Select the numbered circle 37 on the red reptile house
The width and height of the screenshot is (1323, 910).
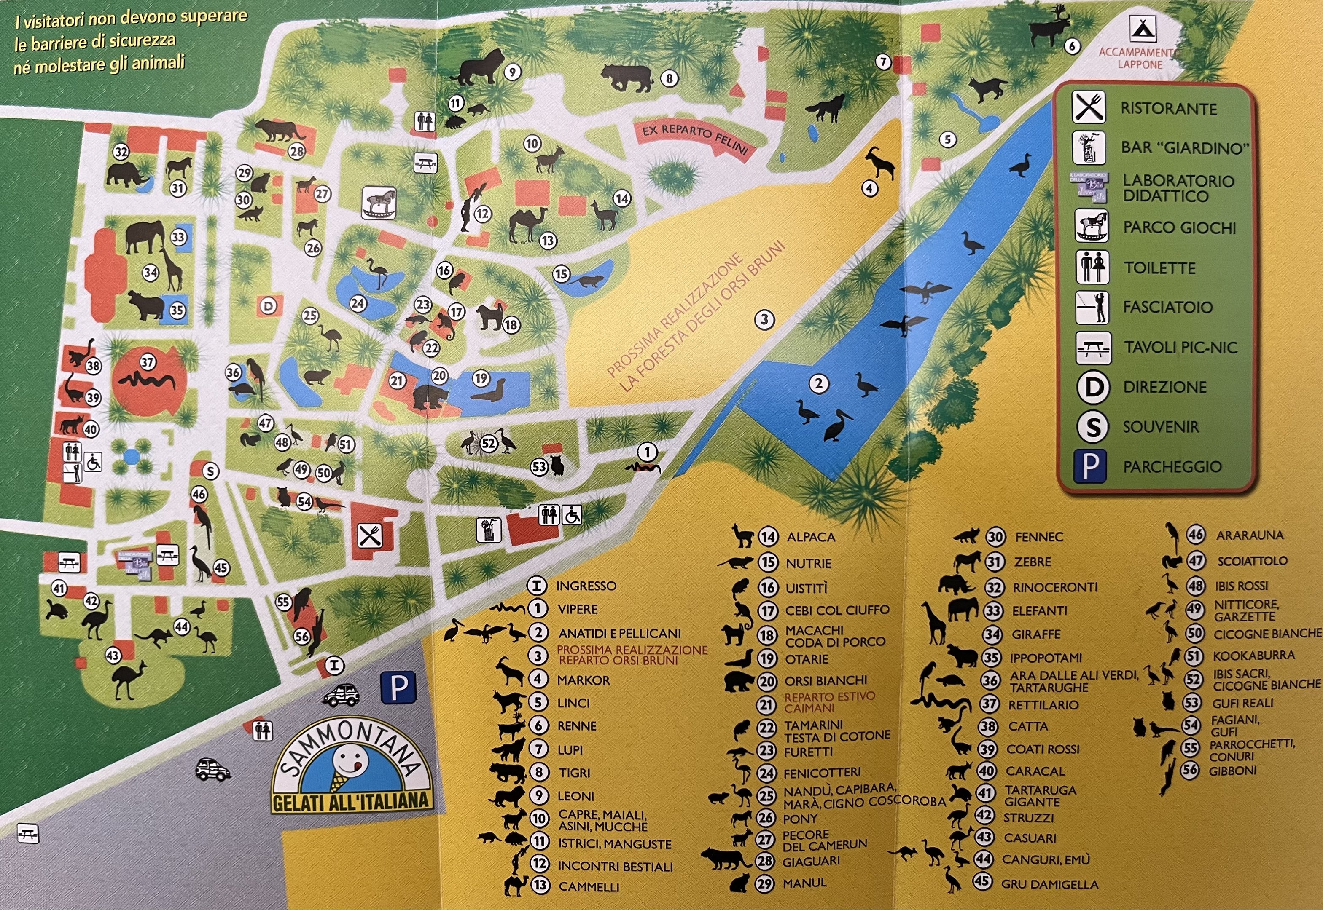point(148,362)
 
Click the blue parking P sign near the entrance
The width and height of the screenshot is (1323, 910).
point(398,687)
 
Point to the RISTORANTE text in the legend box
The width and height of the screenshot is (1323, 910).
point(1168,109)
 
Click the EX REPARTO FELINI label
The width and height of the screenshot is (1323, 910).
point(695,138)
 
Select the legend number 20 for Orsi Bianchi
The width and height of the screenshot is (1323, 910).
point(767,681)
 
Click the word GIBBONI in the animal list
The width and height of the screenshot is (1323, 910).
point(1232,771)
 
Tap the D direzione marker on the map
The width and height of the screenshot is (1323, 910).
point(268,306)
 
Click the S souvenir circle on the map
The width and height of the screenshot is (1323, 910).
point(210,471)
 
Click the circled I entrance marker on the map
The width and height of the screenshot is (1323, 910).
point(334,665)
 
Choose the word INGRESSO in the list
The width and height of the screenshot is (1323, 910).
point(586,586)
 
